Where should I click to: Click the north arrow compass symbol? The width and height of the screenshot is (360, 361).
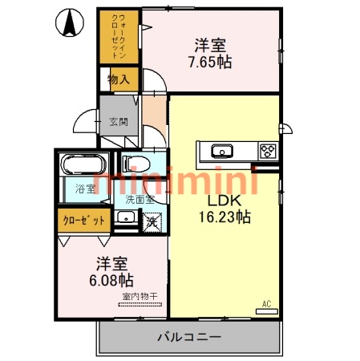coord(71,22)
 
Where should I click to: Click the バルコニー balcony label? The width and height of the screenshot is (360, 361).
coord(189,336)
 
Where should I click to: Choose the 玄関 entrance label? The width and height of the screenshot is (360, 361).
coord(119,121)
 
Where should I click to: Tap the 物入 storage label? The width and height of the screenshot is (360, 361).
coord(119,80)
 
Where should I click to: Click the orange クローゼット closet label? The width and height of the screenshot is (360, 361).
coord(83,219)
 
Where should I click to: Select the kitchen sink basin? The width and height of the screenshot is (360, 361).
coord(220,150)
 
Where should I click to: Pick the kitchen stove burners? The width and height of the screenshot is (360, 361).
coord(267,150)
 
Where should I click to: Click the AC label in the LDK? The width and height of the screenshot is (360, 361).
coord(267,304)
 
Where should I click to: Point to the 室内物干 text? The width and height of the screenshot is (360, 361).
coord(140,298)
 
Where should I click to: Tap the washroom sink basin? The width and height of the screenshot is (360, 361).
coord(124,219)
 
